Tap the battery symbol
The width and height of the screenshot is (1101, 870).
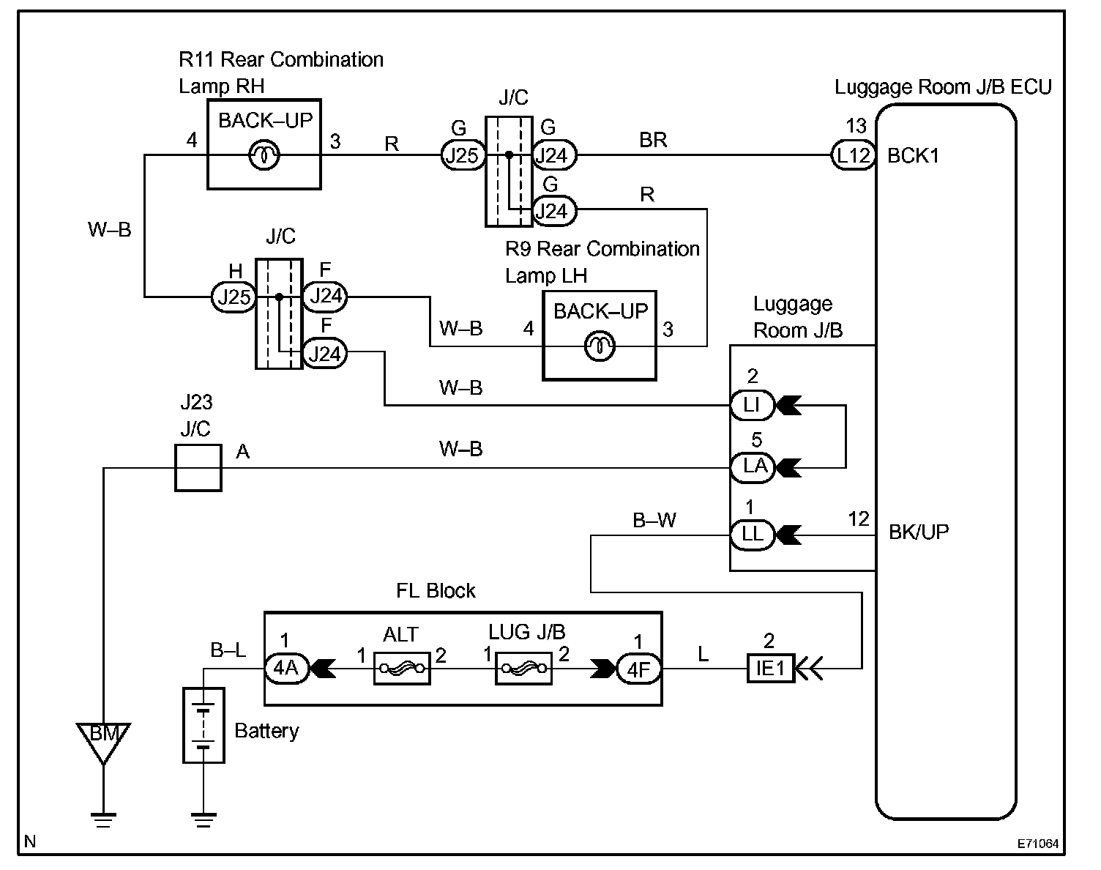pyautogui.click(x=204, y=725)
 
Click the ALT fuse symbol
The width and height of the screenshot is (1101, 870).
pyautogui.click(x=402, y=669)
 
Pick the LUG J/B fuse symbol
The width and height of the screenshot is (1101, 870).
pyautogui.click(x=524, y=669)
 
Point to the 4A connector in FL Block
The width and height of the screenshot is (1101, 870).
pyautogui.click(x=287, y=669)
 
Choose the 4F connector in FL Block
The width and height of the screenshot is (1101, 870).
pyautogui.click(x=639, y=669)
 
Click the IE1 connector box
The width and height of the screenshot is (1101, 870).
pyautogui.click(x=771, y=669)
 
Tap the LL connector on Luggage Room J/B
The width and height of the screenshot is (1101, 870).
pyautogui.click(x=752, y=535)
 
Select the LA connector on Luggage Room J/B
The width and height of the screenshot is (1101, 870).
pyautogui.click(x=752, y=467)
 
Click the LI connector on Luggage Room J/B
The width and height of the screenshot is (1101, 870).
pyautogui.click(x=752, y=405)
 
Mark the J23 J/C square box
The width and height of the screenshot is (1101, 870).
pyautogui.click(x=198, y=468)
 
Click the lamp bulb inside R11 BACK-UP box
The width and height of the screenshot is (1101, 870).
pyautogui.click(x=264, y=155)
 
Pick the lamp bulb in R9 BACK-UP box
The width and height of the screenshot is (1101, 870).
pyautogui.click(x=600, y=346)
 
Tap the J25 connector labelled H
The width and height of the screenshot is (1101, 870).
pyautogui.click(x=234, y=297)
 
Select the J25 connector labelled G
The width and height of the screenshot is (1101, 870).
pyautogui.click(x=463, y=155)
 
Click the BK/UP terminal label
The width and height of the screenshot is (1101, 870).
pyautogui.click(x=919, y=532)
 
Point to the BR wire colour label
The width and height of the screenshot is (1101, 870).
pyautogui.click(x=653, y=140)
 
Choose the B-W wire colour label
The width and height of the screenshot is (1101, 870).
pyautogui.click(x=654, y=521)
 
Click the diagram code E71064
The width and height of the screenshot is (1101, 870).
pyautogui.click(x=1037, y=844)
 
